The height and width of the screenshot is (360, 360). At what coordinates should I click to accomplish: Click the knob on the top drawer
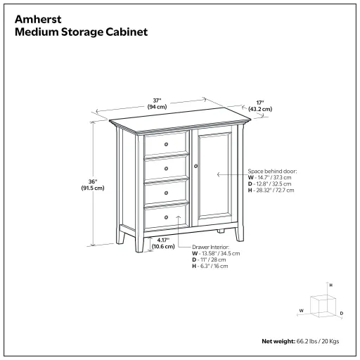(167, 144)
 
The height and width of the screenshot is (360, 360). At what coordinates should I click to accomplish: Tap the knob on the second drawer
(167, 169)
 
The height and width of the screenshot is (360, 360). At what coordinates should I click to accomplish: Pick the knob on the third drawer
(167, 193)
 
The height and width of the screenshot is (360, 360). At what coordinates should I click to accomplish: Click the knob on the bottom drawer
(167, 217)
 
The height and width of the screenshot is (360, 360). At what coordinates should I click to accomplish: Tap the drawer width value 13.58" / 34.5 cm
(219, 254)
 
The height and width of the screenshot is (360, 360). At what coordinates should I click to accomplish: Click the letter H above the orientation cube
(330, 285)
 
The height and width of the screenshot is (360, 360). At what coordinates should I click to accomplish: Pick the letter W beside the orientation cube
(302, 309)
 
